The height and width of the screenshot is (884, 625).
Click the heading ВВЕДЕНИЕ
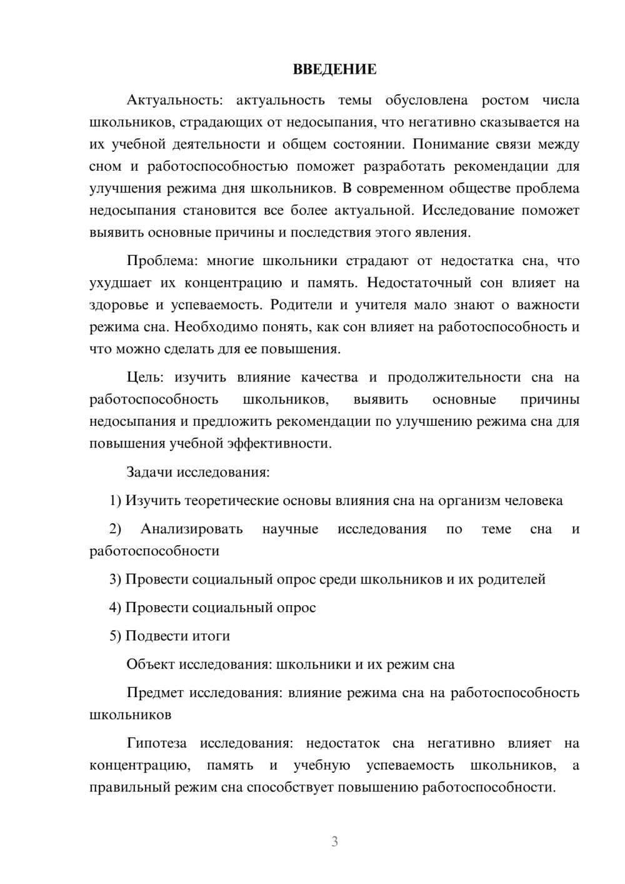click(334, 69)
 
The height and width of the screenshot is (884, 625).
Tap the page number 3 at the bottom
click(334, 841)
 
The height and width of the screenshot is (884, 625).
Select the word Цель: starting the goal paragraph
click(145, 377)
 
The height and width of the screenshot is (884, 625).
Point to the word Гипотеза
click(156, 743)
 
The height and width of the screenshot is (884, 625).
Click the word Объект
click(151, 664)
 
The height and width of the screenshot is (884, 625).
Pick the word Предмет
click(156, 693)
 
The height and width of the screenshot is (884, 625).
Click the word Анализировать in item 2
click(191, 529)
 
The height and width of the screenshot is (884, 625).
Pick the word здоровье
click(119, 305)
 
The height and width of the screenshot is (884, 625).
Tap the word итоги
click(213, 636)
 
